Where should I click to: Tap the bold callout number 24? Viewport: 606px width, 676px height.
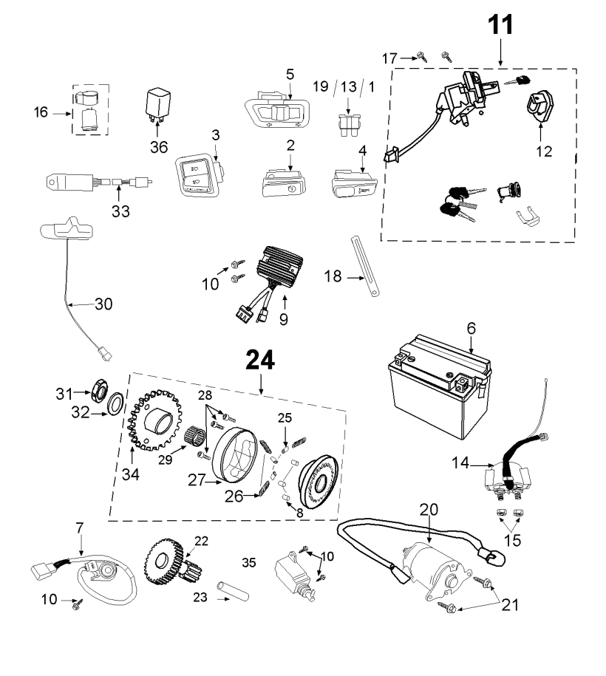point(260,360)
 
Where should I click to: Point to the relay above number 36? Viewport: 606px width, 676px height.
point(158,103)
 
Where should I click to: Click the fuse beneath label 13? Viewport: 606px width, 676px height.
point(349,125)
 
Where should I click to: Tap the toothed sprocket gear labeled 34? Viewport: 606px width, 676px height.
point(156,419)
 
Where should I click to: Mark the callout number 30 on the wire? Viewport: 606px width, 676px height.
point(103,304)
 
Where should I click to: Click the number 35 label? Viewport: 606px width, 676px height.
point(249,563)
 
